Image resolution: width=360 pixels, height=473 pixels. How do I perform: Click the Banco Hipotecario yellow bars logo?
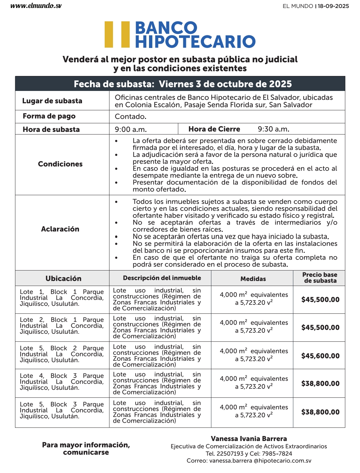(x=117, y=34)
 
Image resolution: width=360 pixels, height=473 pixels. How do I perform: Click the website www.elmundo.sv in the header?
(x=36, y=6)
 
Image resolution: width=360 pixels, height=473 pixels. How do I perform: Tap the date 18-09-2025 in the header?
(x=333, y=6)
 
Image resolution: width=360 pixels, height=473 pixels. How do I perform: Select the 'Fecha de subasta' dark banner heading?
(x=183, y=84)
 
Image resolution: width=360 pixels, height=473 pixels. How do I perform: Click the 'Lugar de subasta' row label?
(x=52, y=101)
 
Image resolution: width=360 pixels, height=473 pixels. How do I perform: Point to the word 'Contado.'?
(x=131, y=117)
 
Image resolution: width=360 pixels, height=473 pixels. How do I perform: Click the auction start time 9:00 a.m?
(x=131, y=129)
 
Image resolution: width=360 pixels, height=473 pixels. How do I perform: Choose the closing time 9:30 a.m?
(x=273, y=129)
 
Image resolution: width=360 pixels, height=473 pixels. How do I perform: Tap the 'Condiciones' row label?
(x=60, y=164)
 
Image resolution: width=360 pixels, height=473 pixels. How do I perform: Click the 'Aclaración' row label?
(x=60, y=229)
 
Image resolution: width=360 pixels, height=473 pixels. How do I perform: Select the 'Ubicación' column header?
(x=63, y=278)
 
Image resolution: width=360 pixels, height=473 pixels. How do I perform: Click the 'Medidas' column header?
(x=253, y=279)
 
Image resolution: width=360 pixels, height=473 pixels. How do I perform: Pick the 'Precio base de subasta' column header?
(x=320, y=278)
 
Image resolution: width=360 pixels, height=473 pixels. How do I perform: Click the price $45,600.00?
(x=320, y=356)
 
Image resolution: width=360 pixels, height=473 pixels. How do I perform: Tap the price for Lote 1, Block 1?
(x=320, y=299)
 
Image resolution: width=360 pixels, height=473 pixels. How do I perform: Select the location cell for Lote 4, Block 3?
(x=62, y=382)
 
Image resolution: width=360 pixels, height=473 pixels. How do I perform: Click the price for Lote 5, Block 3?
(x=320, y=412)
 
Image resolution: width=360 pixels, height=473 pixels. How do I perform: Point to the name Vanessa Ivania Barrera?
(x=249, y=439)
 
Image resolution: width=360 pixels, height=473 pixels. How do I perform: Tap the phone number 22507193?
(x=230, y=454)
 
